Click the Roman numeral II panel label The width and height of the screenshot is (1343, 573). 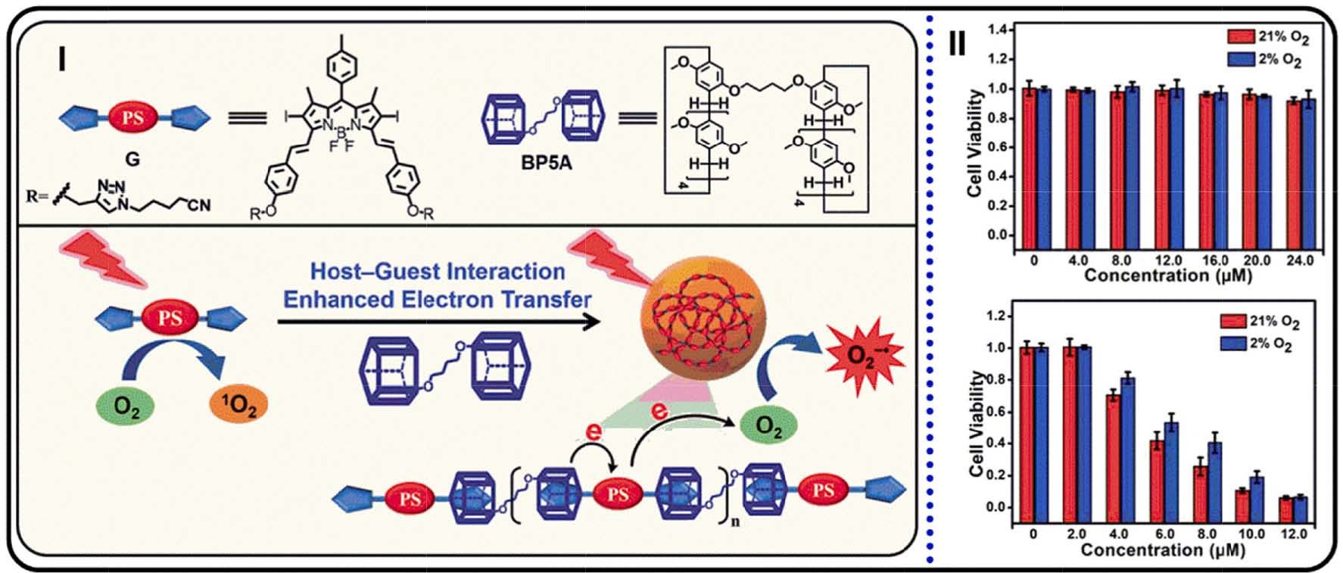coord(957,45)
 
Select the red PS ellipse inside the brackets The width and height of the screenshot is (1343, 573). coord(618,496)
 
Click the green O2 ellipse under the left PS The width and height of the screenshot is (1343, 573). coord(124,407)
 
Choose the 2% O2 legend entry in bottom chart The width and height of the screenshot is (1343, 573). coord(1257,344)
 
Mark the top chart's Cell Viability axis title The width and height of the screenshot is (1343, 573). coord(976,142)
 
